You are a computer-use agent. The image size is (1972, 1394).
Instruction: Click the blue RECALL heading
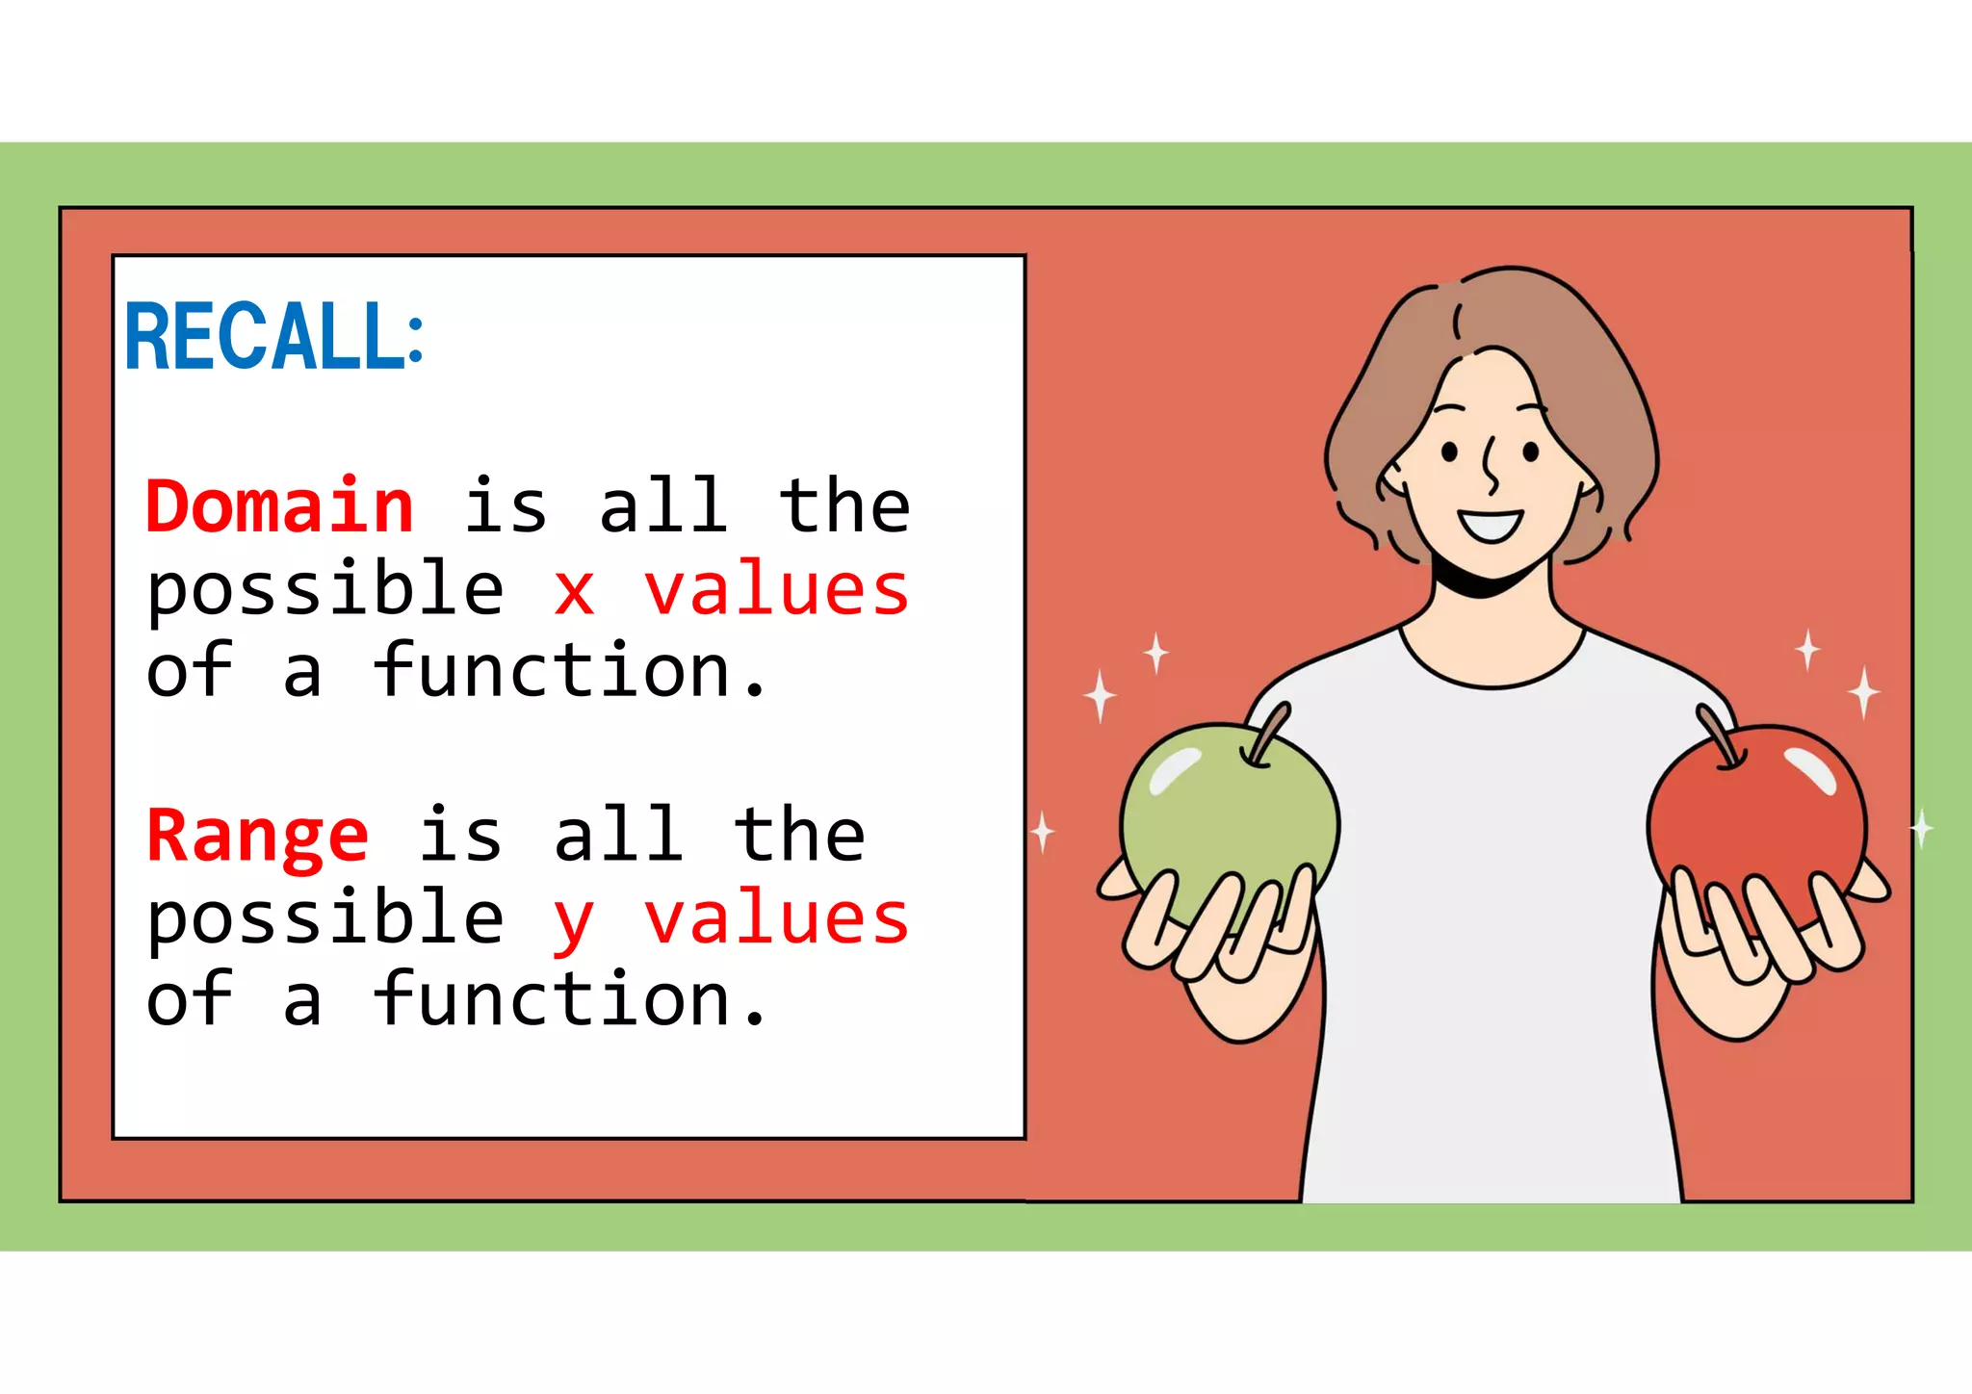click(274, 336)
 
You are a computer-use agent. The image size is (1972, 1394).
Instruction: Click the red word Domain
click(279, 506)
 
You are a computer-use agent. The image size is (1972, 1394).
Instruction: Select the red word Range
click(257, 836)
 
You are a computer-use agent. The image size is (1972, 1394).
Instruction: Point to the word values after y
click(776, 918)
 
